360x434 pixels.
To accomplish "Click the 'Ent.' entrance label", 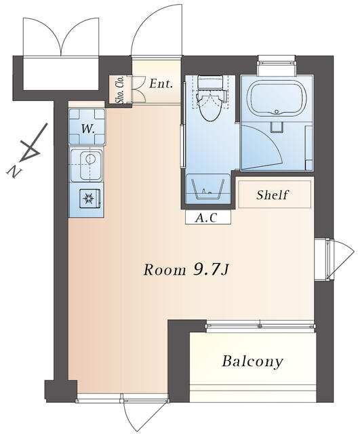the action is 161,83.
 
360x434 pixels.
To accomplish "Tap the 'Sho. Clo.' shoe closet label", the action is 121,90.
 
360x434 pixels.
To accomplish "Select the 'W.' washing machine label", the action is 88,129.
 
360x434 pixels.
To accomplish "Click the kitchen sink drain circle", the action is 90,159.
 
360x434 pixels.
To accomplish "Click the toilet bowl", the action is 212,107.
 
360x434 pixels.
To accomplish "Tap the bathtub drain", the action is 277,112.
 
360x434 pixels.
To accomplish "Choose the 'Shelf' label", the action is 272,195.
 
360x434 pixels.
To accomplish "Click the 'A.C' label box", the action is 208,217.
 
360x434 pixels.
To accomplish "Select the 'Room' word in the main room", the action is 165,270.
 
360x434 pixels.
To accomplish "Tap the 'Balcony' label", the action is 252,361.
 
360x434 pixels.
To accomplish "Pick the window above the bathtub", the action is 277,63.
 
